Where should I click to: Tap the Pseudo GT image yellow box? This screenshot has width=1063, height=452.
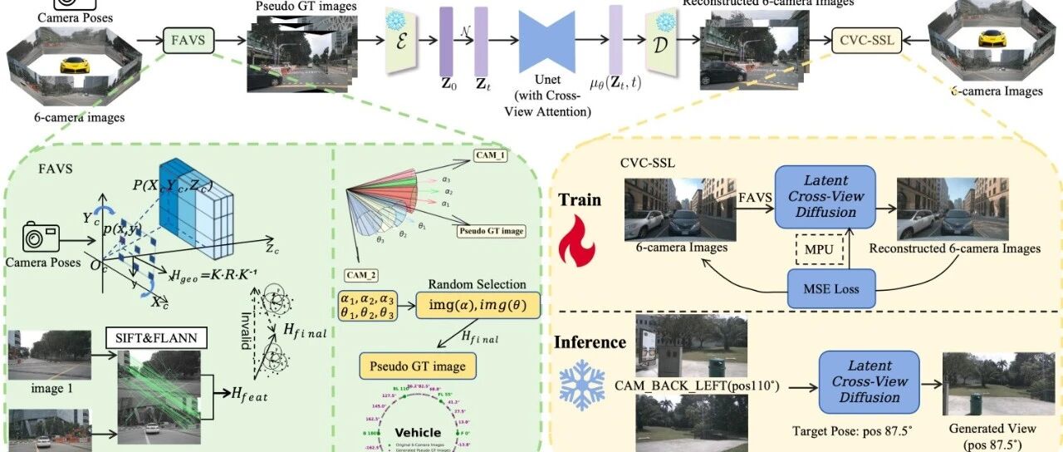(x=412, y=365)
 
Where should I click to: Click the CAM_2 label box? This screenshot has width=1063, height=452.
(x=361, y=273)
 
